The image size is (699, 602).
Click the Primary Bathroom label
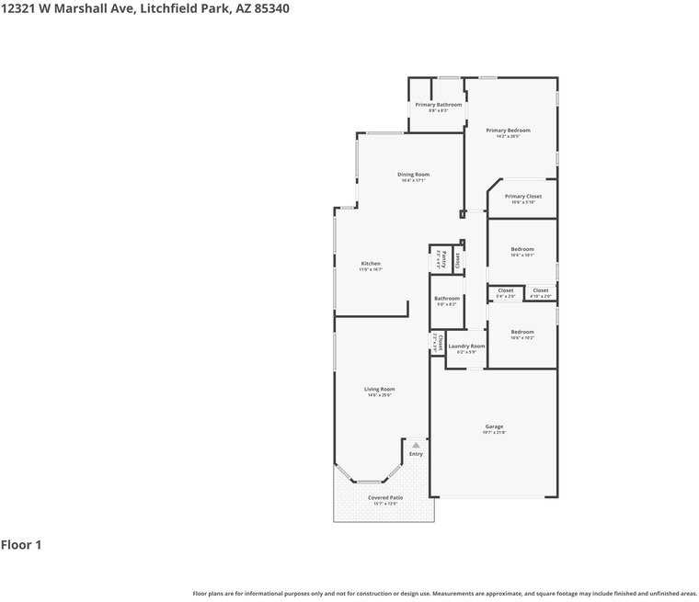[438, 105]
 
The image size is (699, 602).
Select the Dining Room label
[413, 174]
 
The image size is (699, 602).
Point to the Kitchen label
[371, 264]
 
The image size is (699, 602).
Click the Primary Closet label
[522, 196]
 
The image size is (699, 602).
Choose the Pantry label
[444, 258]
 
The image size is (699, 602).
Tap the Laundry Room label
[466, 346]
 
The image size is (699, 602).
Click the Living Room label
[380, 389]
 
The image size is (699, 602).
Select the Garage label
[494, 426]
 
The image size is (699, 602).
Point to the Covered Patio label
[385, 497]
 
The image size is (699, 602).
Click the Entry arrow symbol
[416, 445]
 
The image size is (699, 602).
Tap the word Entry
[416, 453]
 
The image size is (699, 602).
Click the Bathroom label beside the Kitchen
[447, 298]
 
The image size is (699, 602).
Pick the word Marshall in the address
[84, 8]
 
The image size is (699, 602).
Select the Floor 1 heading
[21, 545]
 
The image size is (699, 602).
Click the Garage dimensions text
[494, 432]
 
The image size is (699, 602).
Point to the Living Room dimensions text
[380, 395]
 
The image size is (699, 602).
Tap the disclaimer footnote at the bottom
[444, 594]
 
